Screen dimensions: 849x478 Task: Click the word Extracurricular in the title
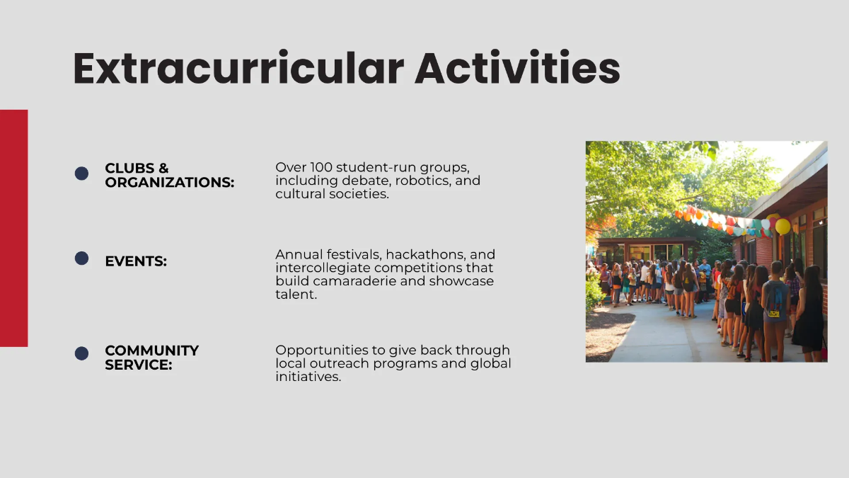point(238,68)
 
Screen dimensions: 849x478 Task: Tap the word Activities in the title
point(517,67)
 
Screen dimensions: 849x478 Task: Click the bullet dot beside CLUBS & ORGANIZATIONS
point(81,173)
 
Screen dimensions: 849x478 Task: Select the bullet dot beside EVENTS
point(81,258)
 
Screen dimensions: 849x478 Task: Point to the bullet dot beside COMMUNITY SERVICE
point(81,353)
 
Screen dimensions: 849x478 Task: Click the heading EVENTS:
point(136,261)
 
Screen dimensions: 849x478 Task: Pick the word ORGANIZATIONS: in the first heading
point(169,183)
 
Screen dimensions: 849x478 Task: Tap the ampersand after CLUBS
point(163,168)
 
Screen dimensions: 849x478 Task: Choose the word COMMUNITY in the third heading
point(151,351)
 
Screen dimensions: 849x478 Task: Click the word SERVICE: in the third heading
point(139,365)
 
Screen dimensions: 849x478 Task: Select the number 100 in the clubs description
point(321,167)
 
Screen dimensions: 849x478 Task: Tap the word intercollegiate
point(323,268)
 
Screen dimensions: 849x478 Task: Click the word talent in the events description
point(296,295)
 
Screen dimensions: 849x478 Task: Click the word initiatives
point(308,377)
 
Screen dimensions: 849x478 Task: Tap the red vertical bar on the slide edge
point(13,228)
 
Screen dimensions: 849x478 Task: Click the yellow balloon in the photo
point(782,227)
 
